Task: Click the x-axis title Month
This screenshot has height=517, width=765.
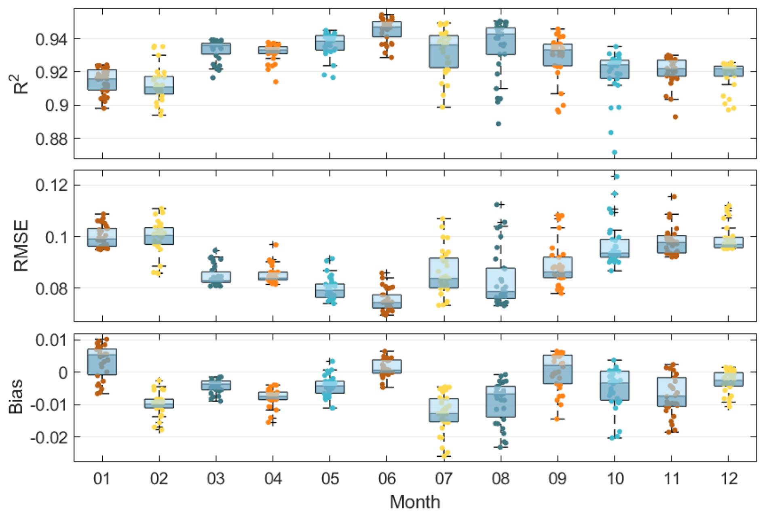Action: pos(415,502)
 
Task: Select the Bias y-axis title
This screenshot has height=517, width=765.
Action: pos(16,396)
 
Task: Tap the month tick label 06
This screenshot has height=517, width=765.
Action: pos(387,479)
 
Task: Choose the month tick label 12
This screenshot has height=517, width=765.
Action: pos(728,479)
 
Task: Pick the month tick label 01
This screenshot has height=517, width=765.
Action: pos(102,479)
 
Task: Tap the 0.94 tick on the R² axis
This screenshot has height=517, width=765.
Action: pos(52,39)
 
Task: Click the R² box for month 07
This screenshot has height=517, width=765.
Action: pos(444,51)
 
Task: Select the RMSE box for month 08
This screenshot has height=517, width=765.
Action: pos(501,283)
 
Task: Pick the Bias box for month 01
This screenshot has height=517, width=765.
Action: pos(102,362)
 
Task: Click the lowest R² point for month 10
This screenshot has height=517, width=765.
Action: pos(614,153)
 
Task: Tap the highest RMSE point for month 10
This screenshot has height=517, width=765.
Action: pos(617,176)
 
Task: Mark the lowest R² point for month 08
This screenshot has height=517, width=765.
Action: pos(499,124)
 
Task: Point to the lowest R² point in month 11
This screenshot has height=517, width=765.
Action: pos(675,117)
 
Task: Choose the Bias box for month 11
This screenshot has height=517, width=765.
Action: pos(671,392)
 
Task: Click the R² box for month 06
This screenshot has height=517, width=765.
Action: pos(387,29)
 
